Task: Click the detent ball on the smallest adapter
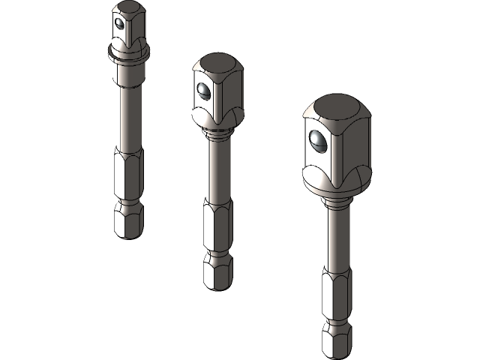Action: [x=118, y=24]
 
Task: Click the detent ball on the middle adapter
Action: [x=202, y=91]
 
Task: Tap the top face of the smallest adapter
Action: [x=129, y=8]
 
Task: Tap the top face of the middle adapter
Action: [x=217, y=63]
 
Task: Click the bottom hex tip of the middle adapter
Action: [x=217, y=276]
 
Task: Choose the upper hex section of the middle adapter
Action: [x=217, y=229]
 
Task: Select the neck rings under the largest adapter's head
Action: [x=335, y=201]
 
